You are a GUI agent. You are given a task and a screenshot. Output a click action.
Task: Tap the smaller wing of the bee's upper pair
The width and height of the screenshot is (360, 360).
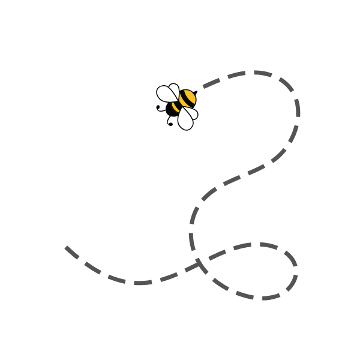(x=174, y=90)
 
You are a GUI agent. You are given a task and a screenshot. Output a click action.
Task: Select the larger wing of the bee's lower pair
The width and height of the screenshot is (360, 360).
(x=185, y=120)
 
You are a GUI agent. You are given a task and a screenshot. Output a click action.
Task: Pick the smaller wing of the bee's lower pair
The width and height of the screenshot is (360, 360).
(x=190, y=112)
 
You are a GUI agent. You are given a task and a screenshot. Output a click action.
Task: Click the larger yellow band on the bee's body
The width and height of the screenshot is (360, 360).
(x=188, y=97)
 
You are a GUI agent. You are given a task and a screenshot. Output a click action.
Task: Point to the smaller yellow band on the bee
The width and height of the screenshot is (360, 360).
(x=176, y=106)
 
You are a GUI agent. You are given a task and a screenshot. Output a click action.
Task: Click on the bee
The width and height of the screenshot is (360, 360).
(x=178, y=106)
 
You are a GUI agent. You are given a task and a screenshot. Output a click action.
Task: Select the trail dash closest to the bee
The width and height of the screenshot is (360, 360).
(x=212, y=83)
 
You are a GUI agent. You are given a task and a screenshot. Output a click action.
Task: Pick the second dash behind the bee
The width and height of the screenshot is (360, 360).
(x=236, y=74)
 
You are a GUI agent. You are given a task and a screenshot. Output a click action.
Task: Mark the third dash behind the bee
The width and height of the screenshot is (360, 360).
(x=262, y=73)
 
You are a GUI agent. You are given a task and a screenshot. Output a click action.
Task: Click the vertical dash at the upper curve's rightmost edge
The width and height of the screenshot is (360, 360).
(x=297, y=107)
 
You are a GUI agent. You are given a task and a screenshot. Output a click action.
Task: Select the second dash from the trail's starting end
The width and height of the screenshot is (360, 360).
(x=92, y=267)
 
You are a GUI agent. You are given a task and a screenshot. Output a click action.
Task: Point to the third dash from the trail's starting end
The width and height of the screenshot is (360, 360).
(x=116, y=278)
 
